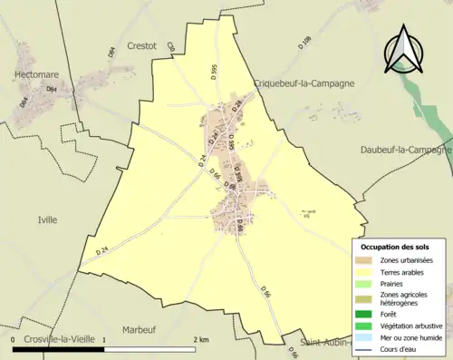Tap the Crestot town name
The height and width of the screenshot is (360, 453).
click(141, 44)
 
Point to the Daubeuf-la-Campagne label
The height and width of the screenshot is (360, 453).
click(405, 150)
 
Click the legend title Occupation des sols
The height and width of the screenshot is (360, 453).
click(396, 247)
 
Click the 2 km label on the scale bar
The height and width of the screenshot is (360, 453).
click(201, 337)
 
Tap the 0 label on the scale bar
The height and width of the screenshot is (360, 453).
click(14, 337)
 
